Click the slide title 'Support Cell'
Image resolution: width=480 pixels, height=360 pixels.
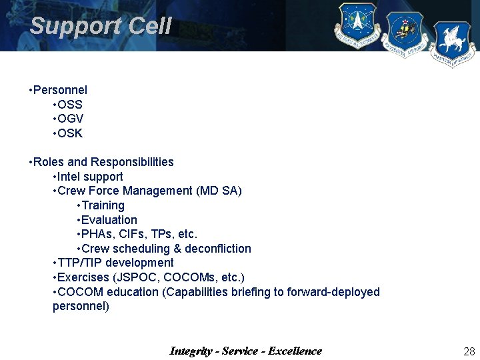(x=101, y=26)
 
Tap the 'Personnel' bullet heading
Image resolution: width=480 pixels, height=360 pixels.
(x=60, y=89)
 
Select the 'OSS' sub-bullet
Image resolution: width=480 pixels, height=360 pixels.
(x=70, y=104)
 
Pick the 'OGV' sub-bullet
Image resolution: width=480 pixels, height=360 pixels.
(x=70, y=119)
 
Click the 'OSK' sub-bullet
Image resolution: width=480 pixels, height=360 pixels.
(x=70, y=133)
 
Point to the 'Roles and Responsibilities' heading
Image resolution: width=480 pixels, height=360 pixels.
(x=103, y=162)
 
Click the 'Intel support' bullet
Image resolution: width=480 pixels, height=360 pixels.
(x=90, y=177)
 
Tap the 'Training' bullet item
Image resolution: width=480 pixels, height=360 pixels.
(x=103, y=205)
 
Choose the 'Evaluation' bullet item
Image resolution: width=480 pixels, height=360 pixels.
(x=109, y=220)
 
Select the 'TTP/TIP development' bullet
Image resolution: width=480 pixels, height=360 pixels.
(x=115, y=263)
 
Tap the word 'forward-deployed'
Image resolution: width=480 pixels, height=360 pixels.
(x=333, y=292)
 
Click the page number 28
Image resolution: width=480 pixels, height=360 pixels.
(x=469, y=351)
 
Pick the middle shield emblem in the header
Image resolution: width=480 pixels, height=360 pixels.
(x=404, y=33)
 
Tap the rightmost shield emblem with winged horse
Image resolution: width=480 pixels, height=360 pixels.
(x=453, y=44)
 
